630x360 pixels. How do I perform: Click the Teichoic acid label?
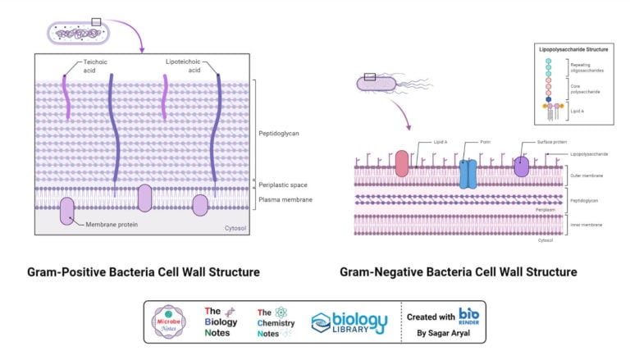coord(94,66)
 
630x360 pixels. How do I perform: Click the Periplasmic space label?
coord(284,185)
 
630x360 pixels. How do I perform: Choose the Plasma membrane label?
coord(285,199)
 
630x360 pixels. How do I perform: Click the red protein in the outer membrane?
coord(402,163)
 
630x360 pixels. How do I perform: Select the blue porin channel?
coord(468,173)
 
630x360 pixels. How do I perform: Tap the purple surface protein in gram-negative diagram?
coord(522,166)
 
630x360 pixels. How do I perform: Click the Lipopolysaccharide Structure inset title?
coord(573,50)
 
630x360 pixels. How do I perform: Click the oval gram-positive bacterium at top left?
coord(78,34)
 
